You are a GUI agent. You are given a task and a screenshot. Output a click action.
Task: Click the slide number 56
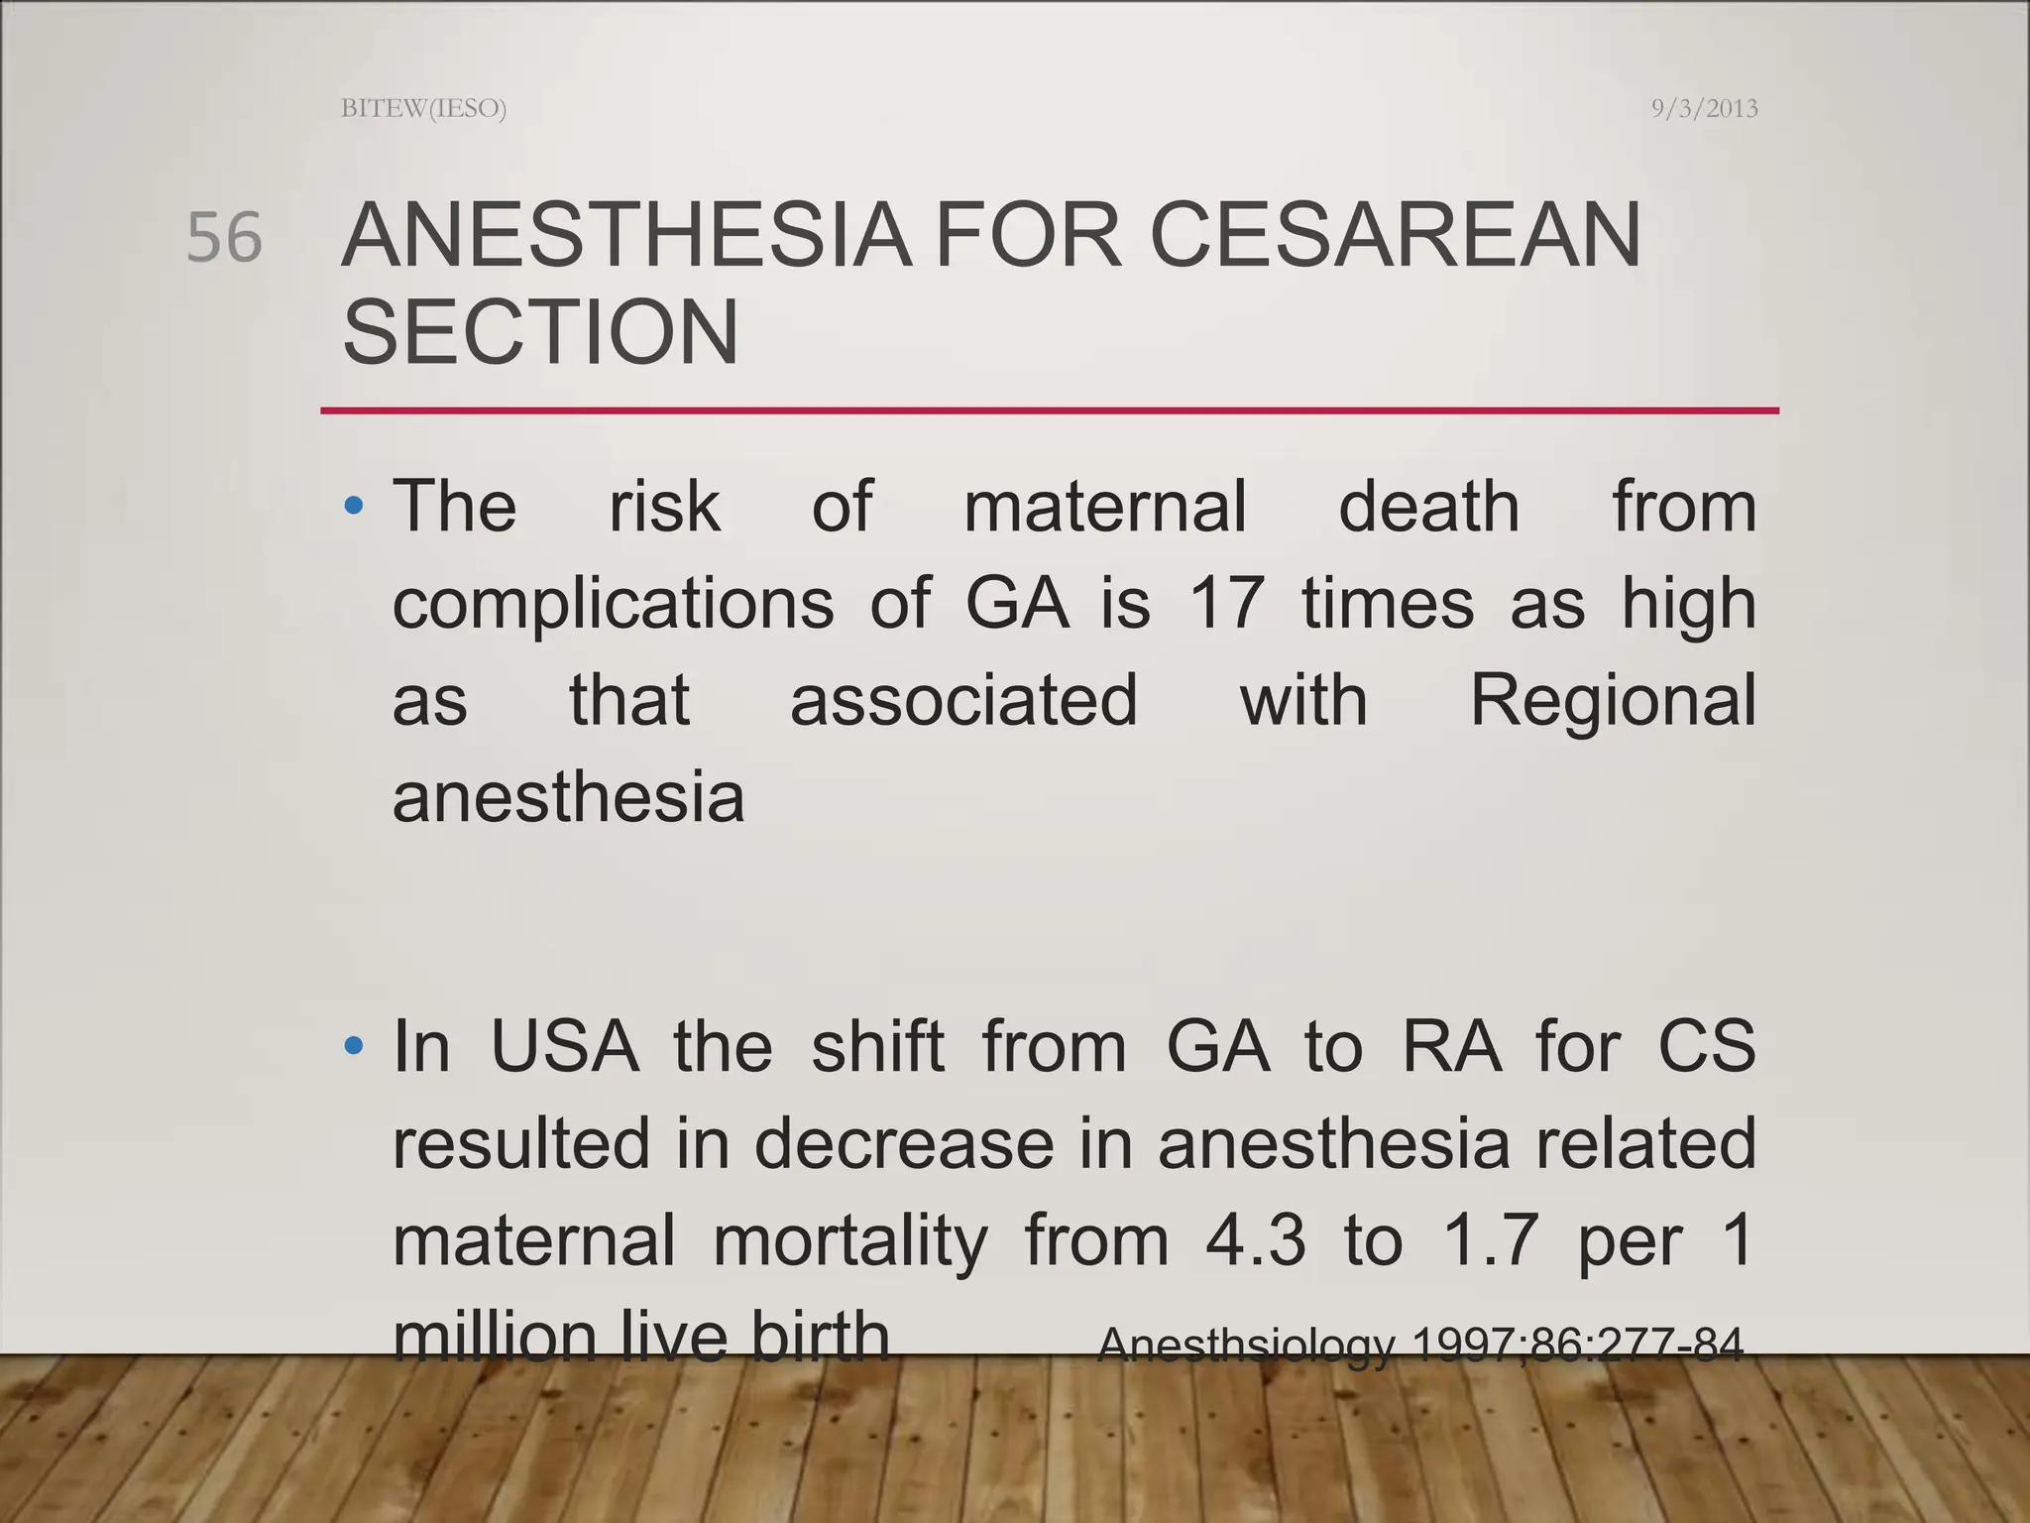(x=225, y=238)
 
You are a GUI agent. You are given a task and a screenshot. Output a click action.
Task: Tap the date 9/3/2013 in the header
(x=1704, y=108)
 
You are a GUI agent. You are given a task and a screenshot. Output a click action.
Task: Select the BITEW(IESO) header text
(x=423, y=108)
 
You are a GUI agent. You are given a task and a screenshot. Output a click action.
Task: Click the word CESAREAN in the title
(x=1395, y=236)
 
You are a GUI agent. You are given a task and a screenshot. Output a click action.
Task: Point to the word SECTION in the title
(x=540, y=332)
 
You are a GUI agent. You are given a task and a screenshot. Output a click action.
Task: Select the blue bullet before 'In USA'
(x=354, y=1046)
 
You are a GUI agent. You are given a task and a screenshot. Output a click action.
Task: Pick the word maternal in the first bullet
(x=1105, y=507)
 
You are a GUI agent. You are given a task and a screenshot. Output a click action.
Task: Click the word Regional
(x=1613, y=700)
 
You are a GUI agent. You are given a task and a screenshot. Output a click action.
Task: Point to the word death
(x=1428, y=507)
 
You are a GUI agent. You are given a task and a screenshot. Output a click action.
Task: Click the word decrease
(x=904, y=1142)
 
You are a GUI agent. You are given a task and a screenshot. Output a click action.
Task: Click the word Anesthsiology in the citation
(x=1247, y=1346)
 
